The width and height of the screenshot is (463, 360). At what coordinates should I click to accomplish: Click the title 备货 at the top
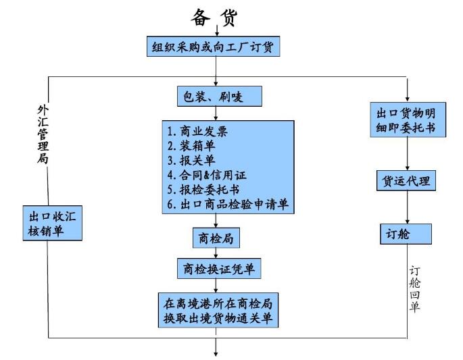pyautogui.click(x=214, y=18)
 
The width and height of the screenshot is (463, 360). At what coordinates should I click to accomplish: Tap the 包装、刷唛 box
pyautogui.click(x=218, y=97)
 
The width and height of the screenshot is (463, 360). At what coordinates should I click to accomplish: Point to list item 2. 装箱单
pyautogui.click(x=192, y=145)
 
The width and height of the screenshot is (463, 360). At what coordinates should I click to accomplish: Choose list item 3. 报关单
pyautogui.click(x=192, y=160)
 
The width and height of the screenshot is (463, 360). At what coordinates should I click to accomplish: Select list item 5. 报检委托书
pyautogui.click(x=202, y=190)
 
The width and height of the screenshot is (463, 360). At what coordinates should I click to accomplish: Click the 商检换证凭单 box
pyautogui.click(x=218, y=269)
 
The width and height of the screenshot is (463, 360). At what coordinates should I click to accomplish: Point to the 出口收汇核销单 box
pyautogui.click(x=53, y=224)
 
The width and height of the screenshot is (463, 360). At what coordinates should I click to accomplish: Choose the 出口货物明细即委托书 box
pyautogui.click(x=407, y=119)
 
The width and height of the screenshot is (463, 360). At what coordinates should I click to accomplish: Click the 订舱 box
pyautogui.click(x=404, y=233)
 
